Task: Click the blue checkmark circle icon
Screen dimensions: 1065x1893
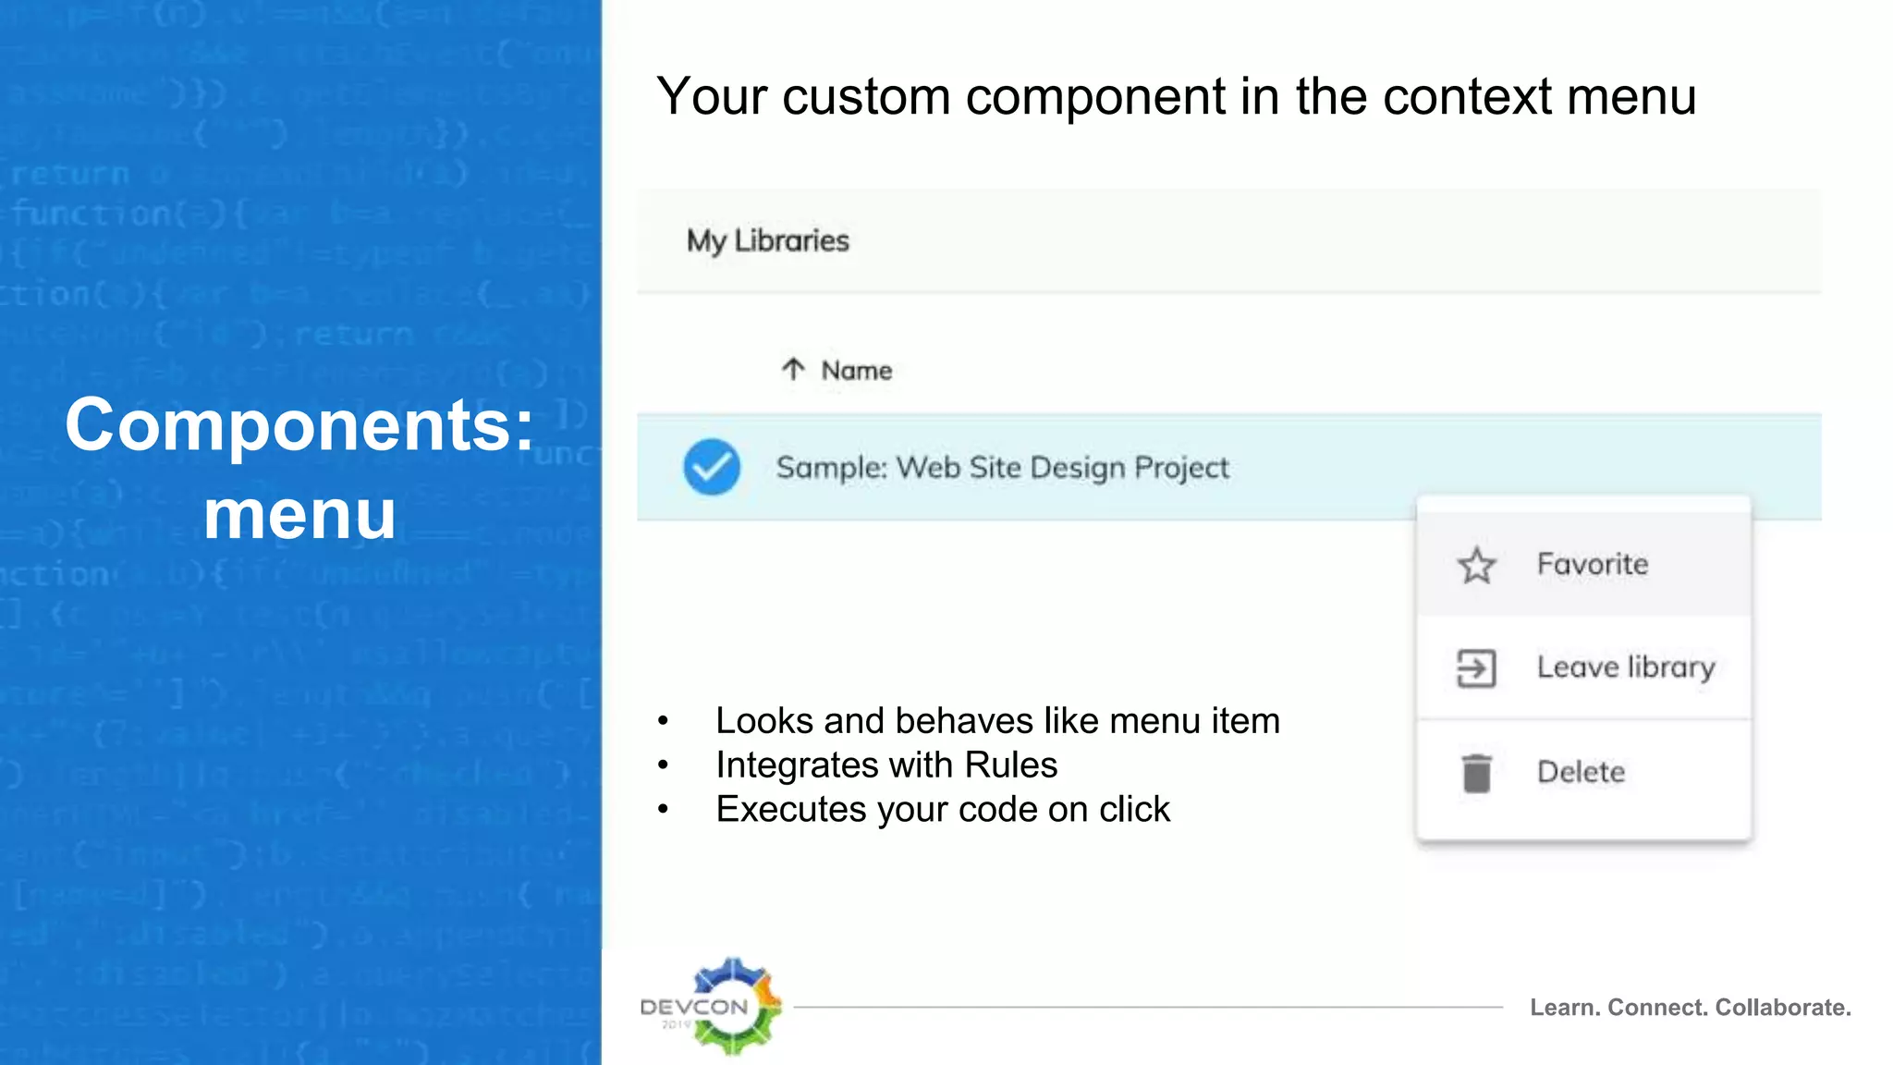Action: pyautogui.click(x=712, y=467)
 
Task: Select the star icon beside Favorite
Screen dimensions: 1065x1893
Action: pyautogui.click(x=1476, y=565)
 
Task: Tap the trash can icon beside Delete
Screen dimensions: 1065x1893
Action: pyautogui.click(x=1477, y=773)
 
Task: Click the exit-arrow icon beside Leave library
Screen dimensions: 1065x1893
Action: pyautogui.click(x=1476, y=668)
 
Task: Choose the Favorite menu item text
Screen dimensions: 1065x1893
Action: pyautogui.click(x=1592, y=564)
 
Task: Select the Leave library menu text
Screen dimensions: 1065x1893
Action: pyautogui.click(x=1625, y=667)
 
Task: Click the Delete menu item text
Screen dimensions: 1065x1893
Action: pyautogui.click(x=1581, y=772)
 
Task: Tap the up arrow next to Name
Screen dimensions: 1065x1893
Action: pyautogui.click(x=793, y=370)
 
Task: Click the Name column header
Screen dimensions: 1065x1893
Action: pyautogui.click(x=857, y=371)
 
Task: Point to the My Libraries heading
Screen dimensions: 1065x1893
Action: pyautogui.click(x=767, y=240)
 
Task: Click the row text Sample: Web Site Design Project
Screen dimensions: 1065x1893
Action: pyautogui.click(x=1002, y=468)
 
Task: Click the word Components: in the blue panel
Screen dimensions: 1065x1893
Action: pyautogui.click(x=299, y=425)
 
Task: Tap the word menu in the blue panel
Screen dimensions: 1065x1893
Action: pyautogui.click(x=299, y=514)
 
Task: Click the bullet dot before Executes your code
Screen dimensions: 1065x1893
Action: pyautogui.click(x=663, y=810)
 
